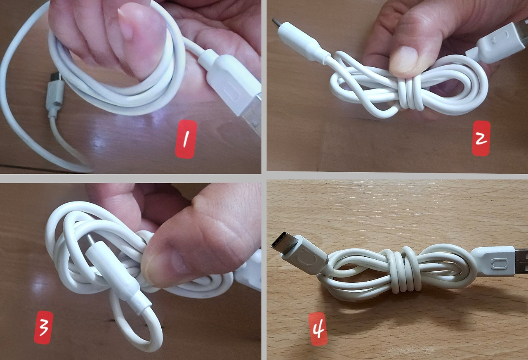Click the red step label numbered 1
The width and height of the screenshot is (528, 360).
[x=186, y=139]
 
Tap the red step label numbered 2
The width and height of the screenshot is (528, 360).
[x=481, y=138]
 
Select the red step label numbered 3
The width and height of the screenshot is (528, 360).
[x=44, y=327]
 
